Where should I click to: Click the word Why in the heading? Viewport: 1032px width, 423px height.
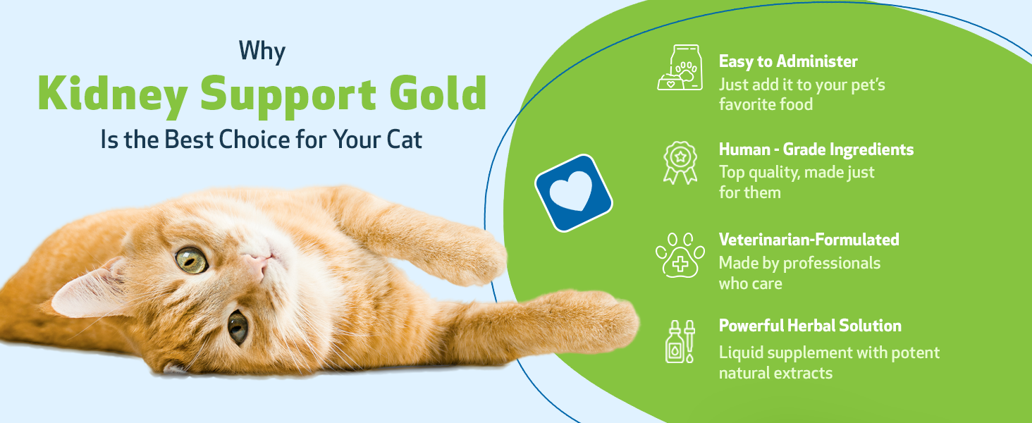262,51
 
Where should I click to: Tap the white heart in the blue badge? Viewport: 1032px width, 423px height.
572,192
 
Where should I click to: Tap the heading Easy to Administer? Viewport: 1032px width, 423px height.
788,61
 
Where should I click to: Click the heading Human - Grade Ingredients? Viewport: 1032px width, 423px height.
816,149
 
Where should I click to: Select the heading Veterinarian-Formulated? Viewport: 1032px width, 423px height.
809,240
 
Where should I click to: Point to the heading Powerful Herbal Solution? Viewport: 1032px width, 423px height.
810,326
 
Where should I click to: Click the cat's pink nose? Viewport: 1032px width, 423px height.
255,265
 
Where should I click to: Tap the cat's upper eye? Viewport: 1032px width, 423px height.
191,260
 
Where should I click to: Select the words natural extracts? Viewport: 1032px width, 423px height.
775,373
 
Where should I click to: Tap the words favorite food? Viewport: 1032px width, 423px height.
766,104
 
